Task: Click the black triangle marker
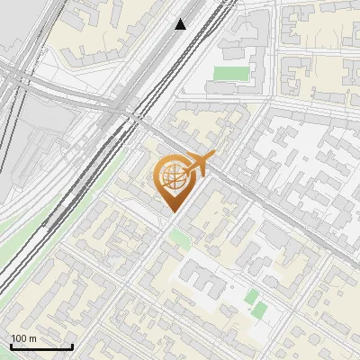tap(181, 24)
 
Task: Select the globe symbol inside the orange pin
tap(173, 178)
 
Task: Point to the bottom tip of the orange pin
tap(173, 212)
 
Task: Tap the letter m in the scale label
tap(33, 338)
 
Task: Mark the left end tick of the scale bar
tap(10, 346)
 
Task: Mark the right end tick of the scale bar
tap(72, 346)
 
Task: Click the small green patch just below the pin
tap(180, 238)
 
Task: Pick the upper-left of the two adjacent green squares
tap(252, 296)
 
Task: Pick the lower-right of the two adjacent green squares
tap(260, 310)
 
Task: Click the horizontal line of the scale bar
tap(40, 347)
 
